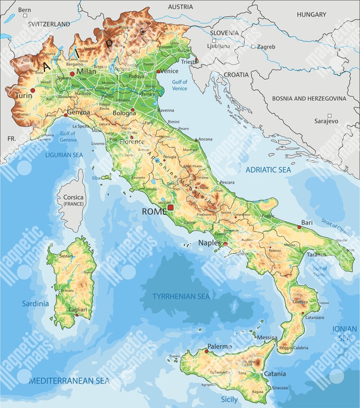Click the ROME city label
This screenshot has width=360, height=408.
tap(155, 212)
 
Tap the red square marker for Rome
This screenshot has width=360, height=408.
tap(171, 207)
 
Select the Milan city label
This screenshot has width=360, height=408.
tap(86, 72)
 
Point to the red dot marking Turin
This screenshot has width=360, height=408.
tap(33, 90)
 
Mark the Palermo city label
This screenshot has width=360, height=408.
tap(219, 346)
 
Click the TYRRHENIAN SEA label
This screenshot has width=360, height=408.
tap(182, 297)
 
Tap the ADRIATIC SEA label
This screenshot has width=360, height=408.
tap(268, 169)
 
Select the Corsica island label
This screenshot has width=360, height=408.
tap(73, 197)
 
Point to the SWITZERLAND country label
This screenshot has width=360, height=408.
tap(49, 24)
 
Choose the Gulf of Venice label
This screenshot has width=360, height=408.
tap(179, 85)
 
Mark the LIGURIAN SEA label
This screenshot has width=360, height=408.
tap(64, 155)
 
